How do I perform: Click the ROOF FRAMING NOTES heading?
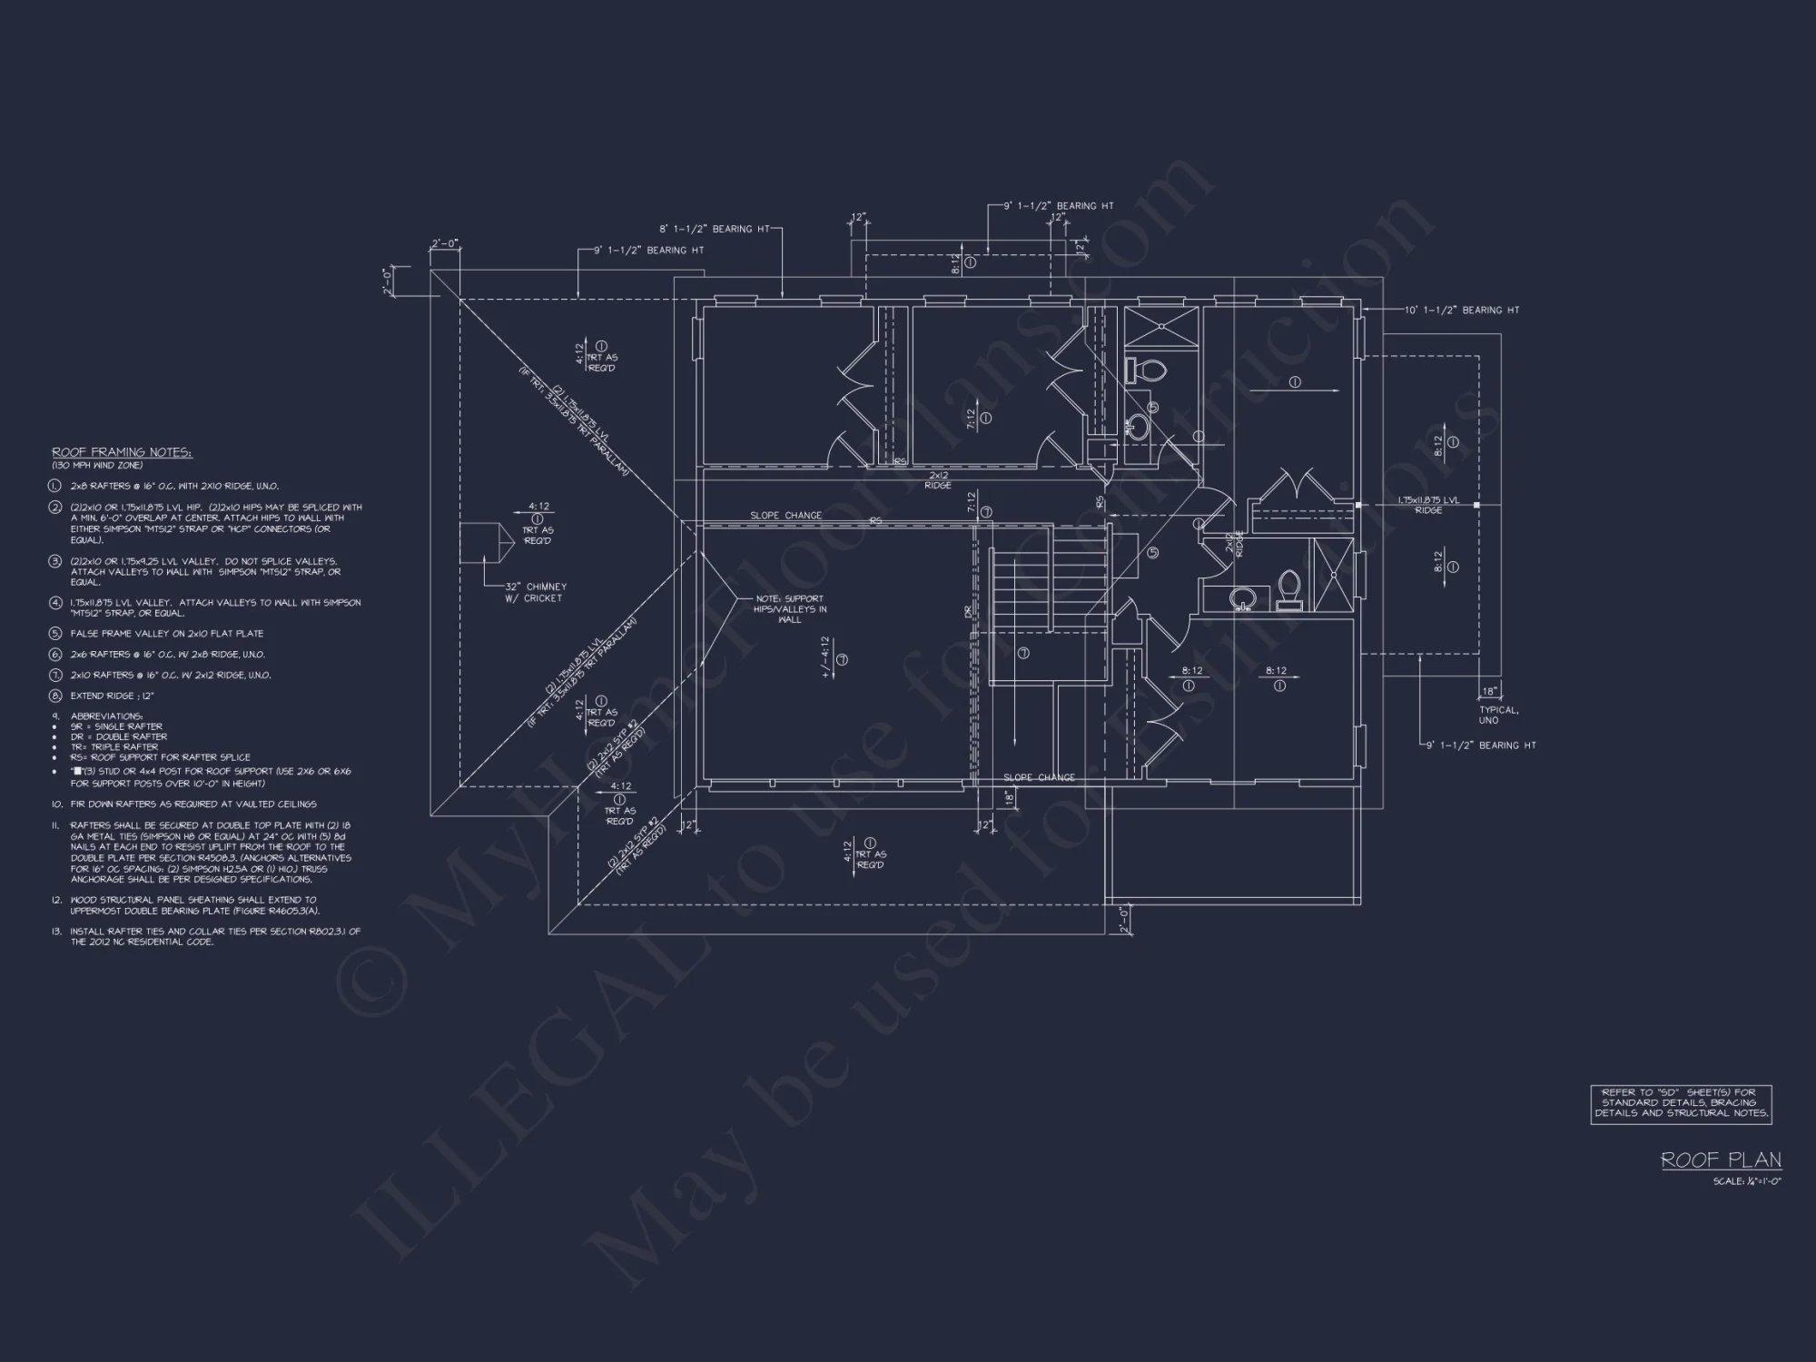[x=122, y=452]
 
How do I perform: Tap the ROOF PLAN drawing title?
[x=1721, y=1160]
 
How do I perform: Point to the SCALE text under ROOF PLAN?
[x=1746, y=1181]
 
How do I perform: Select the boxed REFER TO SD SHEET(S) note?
[x=1681, y=1102]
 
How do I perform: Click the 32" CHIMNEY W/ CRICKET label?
[x=536, y=592]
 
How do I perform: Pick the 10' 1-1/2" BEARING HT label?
[x=1462, y=311]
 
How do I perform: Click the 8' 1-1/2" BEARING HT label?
[x=718, y=229]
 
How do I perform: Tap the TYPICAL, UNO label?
[x=1498, y=715]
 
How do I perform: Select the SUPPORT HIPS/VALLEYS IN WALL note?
[x=790, y=609]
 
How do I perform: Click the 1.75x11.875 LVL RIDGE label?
[x=1428, y=505]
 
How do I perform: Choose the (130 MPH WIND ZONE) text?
[x=97, y=466]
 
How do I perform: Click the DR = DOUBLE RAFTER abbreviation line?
[x=118, y=737]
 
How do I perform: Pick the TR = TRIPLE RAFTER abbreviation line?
[x=114, y=747]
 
